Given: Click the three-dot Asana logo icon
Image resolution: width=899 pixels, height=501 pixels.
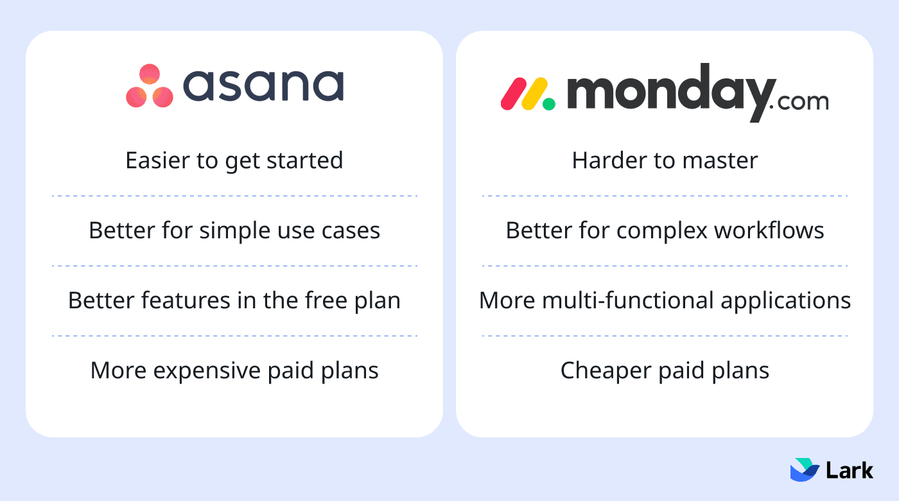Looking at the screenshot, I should click(150, 85).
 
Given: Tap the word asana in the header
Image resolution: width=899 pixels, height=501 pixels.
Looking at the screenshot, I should click(263, 85).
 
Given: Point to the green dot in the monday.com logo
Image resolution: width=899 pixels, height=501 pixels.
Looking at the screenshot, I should click(548, 103).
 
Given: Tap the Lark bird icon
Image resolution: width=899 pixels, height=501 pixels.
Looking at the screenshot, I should click(804, 470).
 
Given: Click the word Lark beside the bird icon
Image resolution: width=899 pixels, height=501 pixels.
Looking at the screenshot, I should click(850, 470).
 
